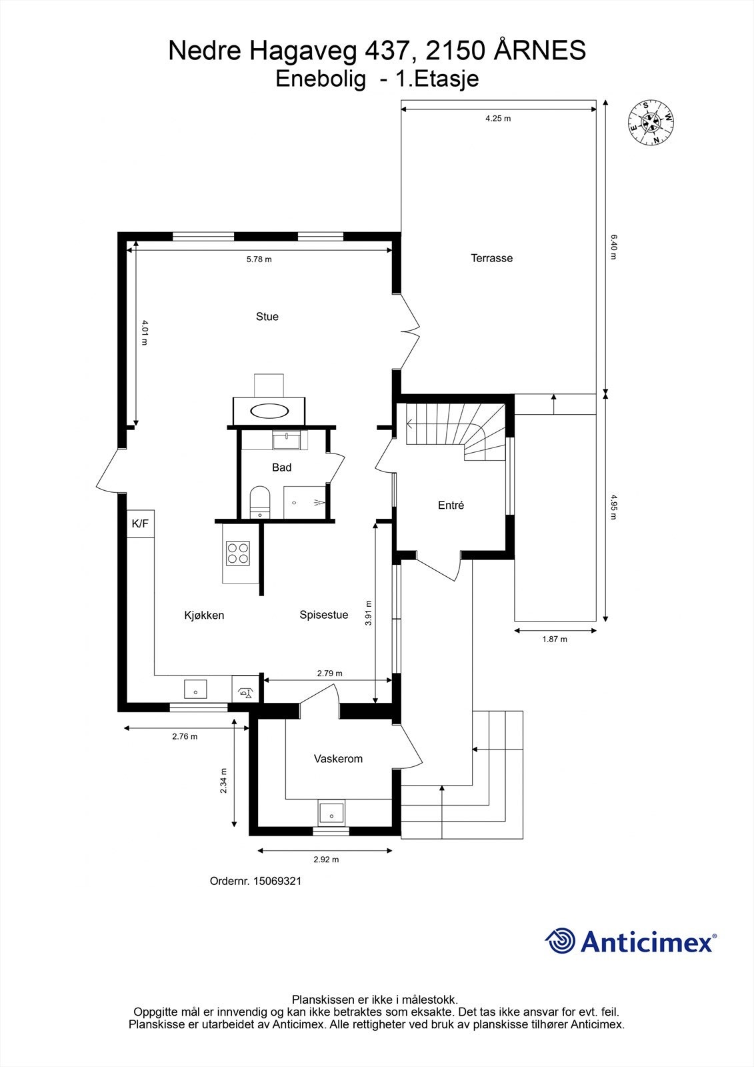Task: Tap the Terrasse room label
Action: coord(492,258)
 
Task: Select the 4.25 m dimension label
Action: coord(498,119)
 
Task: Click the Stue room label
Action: coord(267,317)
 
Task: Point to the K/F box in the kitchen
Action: coord(141,524)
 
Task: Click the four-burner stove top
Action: coord(238,553)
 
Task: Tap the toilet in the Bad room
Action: coord(259,501)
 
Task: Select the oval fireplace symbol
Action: coord(269,409)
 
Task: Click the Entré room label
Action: coord(451,505)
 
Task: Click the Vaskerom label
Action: coord(338,759)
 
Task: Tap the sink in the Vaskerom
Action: coord(331,813)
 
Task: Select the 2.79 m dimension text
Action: coord(329,674)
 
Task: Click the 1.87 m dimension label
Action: coord(555,639)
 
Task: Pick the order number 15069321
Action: coord(256,881)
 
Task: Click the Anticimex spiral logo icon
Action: coord(560,942)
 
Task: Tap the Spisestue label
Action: coord(324,615)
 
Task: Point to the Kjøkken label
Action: coord(205,616)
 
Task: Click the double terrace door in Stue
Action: coord(408,329)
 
